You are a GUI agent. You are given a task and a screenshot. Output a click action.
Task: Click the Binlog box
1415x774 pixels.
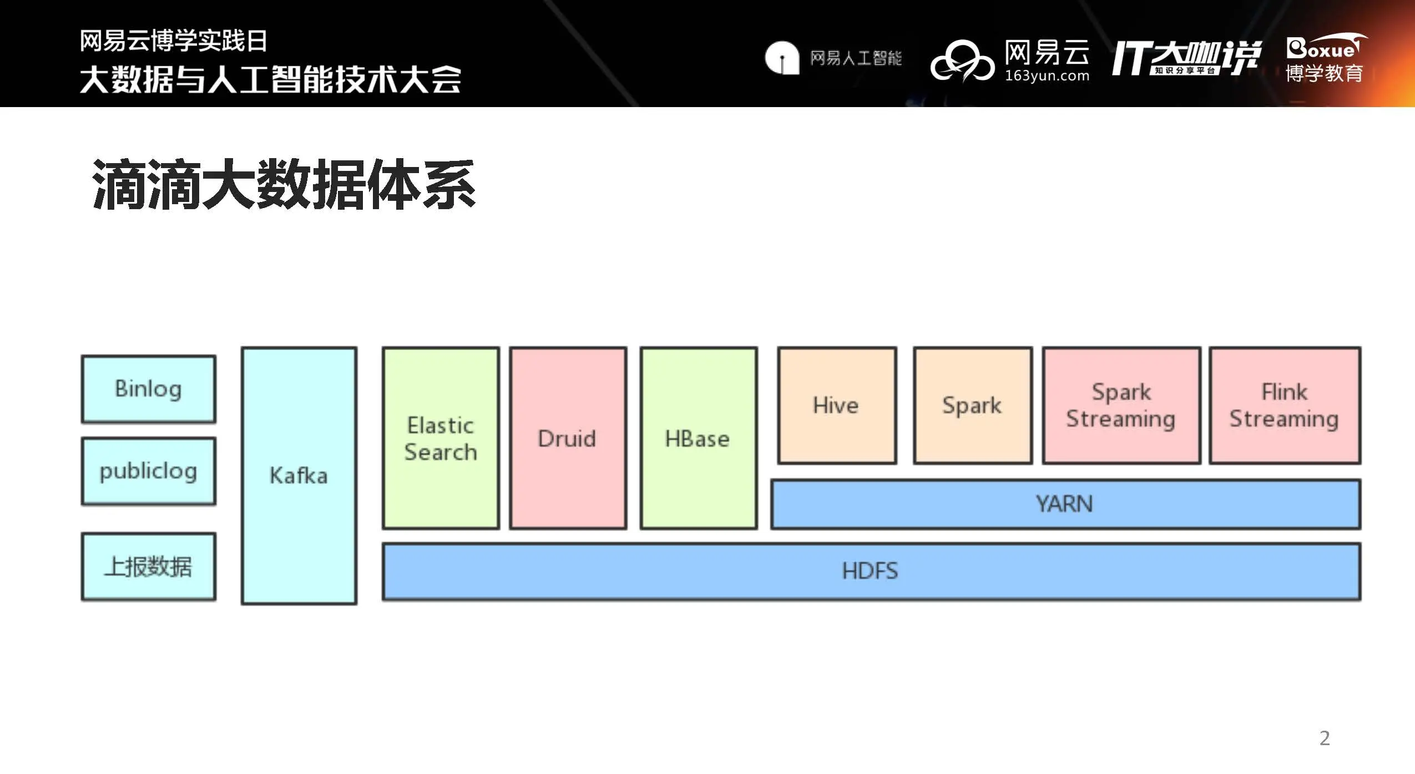tap(148, 389)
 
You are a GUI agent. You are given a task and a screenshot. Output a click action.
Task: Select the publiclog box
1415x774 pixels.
tap(148, 471)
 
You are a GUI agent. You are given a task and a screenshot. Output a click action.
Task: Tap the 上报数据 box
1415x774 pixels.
tap(148, 566)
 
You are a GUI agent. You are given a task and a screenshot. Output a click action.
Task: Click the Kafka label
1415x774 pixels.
tap(299, 475)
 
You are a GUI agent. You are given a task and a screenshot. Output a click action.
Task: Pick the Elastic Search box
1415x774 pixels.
tap(441, 438)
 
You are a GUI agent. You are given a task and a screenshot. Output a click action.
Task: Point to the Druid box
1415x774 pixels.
tap(568, 438)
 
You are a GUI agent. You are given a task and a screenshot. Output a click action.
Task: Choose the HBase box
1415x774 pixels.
tap(698, 438)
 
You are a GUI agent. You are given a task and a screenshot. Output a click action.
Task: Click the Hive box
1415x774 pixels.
tap(836, 405)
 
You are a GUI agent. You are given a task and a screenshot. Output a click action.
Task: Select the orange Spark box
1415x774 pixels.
tap(972, 405)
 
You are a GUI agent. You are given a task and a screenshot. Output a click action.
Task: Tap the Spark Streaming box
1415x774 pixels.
tap(1121, 405)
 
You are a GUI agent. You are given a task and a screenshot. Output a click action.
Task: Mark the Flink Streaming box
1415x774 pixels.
tap(1285, 405)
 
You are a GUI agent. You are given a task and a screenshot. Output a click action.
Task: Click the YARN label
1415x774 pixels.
tap(1064, 504)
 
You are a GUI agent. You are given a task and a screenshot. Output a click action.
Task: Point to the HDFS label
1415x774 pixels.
tap(870, 571)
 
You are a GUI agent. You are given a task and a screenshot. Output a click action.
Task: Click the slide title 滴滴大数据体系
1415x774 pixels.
tap(284, 184)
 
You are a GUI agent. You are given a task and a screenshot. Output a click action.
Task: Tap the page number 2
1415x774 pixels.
tap(1325, 738)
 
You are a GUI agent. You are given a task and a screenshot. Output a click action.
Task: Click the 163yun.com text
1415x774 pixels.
tap(1047, 76)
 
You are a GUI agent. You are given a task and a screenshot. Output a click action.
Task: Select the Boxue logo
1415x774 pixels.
tap(1325, 59)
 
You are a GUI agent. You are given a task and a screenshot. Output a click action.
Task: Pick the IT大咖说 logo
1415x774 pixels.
tap(1186, 58)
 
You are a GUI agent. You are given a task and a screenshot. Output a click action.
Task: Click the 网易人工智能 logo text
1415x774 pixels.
tap(856, 58)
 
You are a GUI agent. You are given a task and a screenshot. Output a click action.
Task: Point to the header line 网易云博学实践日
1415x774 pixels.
tap(174, 41)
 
